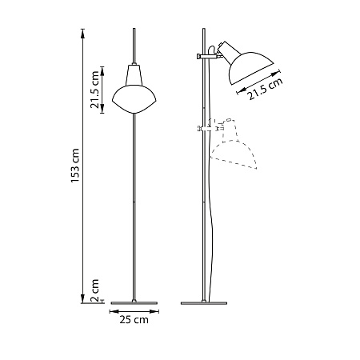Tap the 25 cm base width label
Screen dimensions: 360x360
pos(134,320)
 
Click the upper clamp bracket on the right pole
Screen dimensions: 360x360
pos(206,56)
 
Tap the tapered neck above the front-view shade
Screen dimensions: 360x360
pos(134,72)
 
